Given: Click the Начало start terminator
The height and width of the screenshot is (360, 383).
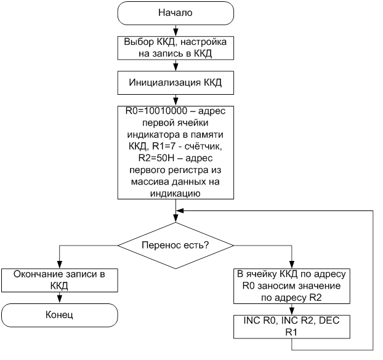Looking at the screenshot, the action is click(x=175, y=13).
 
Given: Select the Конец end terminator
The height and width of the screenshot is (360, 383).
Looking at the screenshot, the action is click(x=59, y=315).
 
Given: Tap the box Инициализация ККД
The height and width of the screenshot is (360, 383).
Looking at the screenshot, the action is click(x=175, y=82).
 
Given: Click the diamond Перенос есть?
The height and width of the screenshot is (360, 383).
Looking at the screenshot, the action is click(x=175, y=246).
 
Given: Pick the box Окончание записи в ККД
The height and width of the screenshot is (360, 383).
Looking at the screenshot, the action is click(x=59, y=280).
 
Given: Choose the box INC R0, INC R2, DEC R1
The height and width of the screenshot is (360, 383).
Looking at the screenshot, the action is click(x=292, y=327).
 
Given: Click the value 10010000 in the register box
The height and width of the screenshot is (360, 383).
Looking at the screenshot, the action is click(x=166, y=111).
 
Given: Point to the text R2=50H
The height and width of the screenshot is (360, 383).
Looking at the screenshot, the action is click(x=156, y=158).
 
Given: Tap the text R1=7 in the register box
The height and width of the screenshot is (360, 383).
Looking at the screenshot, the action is click(x=164, y=146).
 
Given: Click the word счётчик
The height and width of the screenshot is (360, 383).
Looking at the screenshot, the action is click(x=203, y=146).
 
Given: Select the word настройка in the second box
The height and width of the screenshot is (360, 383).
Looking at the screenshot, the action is click(x=203, y=42).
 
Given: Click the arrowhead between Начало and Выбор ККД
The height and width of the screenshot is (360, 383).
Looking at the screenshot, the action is click(x=175, y=33).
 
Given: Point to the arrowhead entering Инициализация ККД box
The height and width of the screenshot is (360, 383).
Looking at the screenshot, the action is click(x=175, y=67).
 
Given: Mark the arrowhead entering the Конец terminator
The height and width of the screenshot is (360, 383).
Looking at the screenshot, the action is click(x=59, y=300).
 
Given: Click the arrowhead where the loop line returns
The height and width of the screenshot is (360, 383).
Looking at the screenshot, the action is click(x=180, y=210).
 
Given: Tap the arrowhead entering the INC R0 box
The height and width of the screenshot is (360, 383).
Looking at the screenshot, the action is click(x=292, y=311).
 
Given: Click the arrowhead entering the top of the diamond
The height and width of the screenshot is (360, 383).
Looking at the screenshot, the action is click(x=175, y=218).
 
